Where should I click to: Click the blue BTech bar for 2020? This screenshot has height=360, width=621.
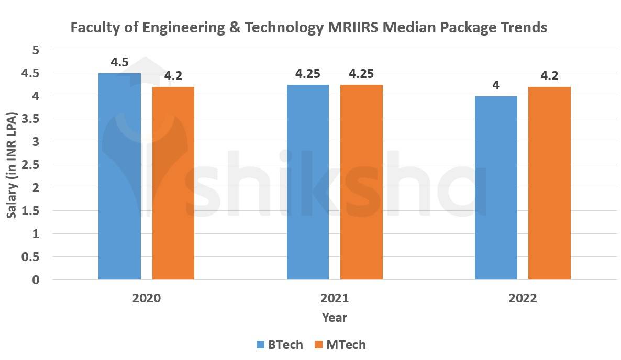point(119,176)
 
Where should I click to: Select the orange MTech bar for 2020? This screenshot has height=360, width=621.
point(173,183)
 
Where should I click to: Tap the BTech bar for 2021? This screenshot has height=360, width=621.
point(308,182)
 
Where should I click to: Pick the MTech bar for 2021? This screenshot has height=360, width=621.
point(361,182)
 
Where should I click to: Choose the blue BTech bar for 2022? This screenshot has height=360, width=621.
point(496,188)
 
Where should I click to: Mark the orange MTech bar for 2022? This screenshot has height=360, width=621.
point(549,183)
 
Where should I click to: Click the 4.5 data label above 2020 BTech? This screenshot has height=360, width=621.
point(119,63)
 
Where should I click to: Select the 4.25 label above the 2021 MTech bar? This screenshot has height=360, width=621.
point(361,74)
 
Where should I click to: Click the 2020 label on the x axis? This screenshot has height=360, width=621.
point(147,298)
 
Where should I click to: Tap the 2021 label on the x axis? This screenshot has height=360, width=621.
point(335,298)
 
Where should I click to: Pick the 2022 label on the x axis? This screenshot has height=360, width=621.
point(523,298)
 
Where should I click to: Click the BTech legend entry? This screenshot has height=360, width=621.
point(280,345)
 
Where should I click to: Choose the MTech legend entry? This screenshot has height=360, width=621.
point(339,345)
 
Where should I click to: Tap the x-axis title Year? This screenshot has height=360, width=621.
point(335,318)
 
